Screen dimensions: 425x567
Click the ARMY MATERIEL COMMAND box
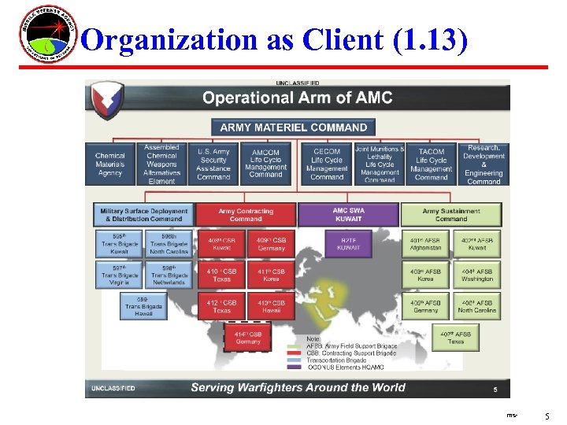[293, 127]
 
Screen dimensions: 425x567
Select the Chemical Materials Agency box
[109, 164]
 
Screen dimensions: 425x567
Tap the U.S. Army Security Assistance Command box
[213, 164]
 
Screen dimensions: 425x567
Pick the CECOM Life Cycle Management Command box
[327, 164]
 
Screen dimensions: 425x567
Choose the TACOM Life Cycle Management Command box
[431, 164]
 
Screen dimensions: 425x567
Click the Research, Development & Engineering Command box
[484, 164]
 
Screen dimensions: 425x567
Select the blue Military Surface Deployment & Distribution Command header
[143, 215]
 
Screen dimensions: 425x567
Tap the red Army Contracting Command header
[246, 215]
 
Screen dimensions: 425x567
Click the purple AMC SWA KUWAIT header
[348, 215]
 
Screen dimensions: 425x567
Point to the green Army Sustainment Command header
[451, 215]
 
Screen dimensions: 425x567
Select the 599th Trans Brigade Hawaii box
[143, 306]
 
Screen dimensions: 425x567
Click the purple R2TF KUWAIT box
[348, 243]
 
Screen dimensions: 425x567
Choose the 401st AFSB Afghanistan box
[425, 243]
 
